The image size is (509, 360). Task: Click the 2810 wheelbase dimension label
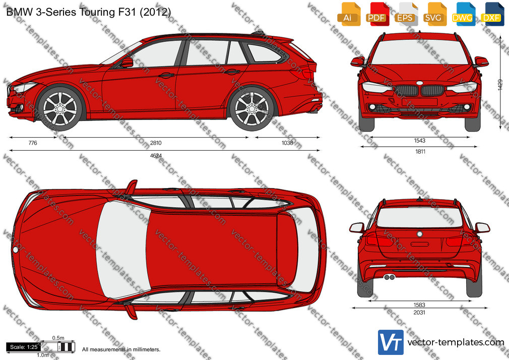click(x=156, y=143)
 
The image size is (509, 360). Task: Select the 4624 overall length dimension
click(x=156, y=156)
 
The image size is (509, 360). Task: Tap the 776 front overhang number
click(x=33, y=143)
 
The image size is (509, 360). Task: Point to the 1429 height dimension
click(x=500, y=85)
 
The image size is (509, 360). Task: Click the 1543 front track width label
click(x=419, y=141)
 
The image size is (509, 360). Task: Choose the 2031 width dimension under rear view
click(x=419, y=313)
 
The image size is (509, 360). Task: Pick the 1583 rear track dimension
click(x=419, y=305)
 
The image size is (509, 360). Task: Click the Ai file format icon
click(x=349, y=14)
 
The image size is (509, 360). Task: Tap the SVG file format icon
click(x=435, y=14)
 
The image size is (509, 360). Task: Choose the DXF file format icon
click(x=492, y=14)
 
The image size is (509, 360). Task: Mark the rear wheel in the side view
click(x=252, y=108)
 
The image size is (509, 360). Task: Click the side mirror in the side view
click(x=127, y=62)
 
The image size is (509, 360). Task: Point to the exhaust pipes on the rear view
click(x=389, y=277)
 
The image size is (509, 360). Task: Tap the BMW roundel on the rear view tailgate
click(x=419, y=234)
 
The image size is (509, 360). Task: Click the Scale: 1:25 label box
click(x=24, y=347)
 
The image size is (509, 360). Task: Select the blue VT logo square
click(x=391, y=342)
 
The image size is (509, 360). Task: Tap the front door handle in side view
click(x=166, y=76)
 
